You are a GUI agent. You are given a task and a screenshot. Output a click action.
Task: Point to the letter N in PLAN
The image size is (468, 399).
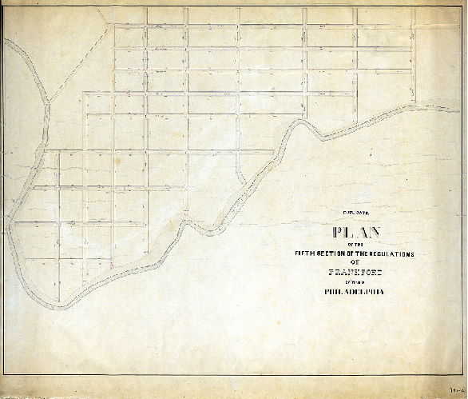click(374, 235)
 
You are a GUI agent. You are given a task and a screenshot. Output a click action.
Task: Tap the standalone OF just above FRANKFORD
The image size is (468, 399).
click(352, 262)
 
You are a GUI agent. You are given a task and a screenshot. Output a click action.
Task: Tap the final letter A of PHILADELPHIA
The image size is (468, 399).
click(382, 292)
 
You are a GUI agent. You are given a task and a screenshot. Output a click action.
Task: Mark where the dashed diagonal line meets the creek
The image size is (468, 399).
click(48, 102)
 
